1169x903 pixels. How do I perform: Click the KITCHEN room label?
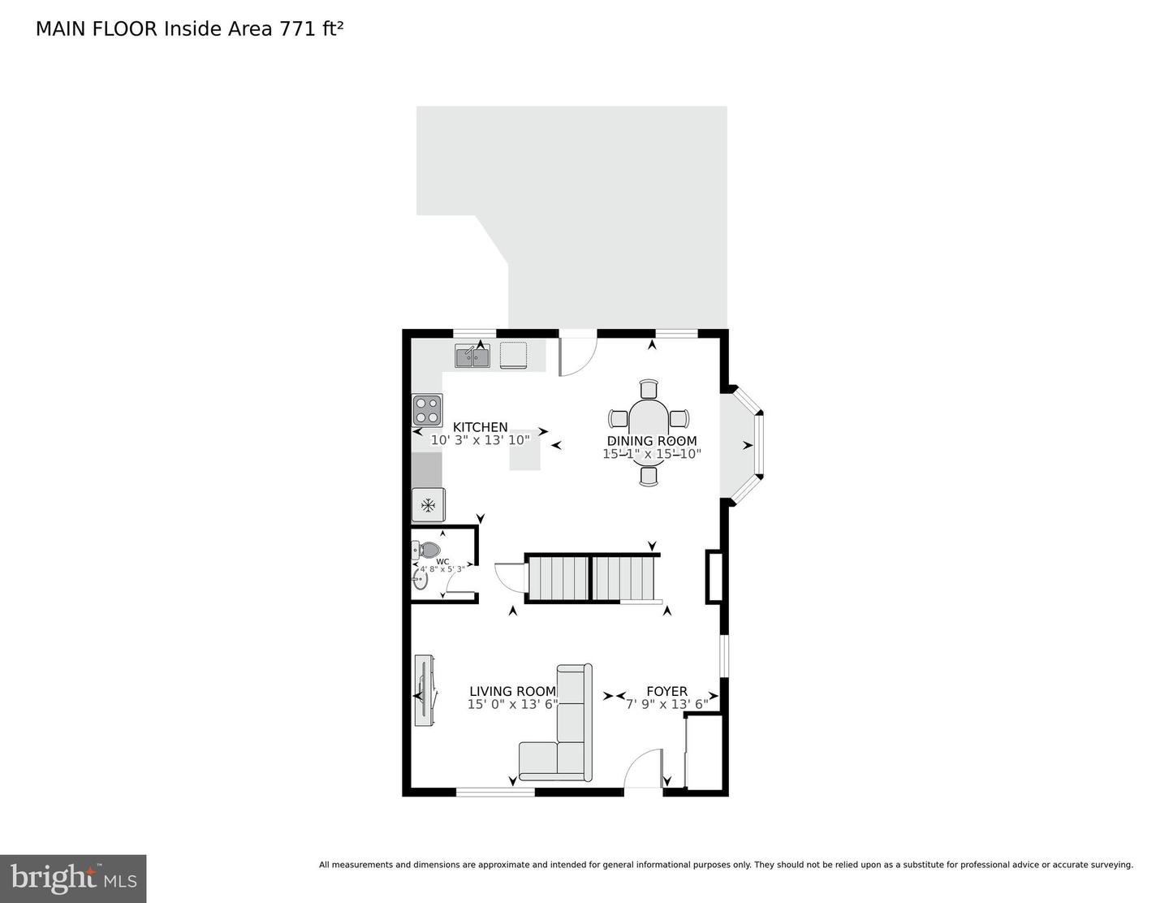point(480,427)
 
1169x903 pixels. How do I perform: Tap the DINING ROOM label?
point(652,441)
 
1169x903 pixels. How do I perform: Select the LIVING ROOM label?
point(512,692)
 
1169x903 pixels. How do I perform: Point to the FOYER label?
point(666,692)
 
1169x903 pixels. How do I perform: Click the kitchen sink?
point(472,356)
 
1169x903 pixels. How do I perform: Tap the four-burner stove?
point(427,410)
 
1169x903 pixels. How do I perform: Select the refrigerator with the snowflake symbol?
point(428,505)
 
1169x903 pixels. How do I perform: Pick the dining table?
point(649,431)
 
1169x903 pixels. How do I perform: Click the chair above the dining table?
point(649,388)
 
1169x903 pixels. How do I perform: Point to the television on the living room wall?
point(425,690)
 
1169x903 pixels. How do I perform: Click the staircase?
point(592,578)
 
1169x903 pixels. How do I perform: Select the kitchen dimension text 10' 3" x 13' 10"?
point(480,440)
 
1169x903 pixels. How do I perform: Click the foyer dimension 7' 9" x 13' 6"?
point(667,704)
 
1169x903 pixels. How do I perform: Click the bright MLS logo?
point(73,879)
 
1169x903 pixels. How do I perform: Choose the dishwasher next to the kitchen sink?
point(513,355)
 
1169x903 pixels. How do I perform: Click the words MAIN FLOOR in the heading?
point(97,29)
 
